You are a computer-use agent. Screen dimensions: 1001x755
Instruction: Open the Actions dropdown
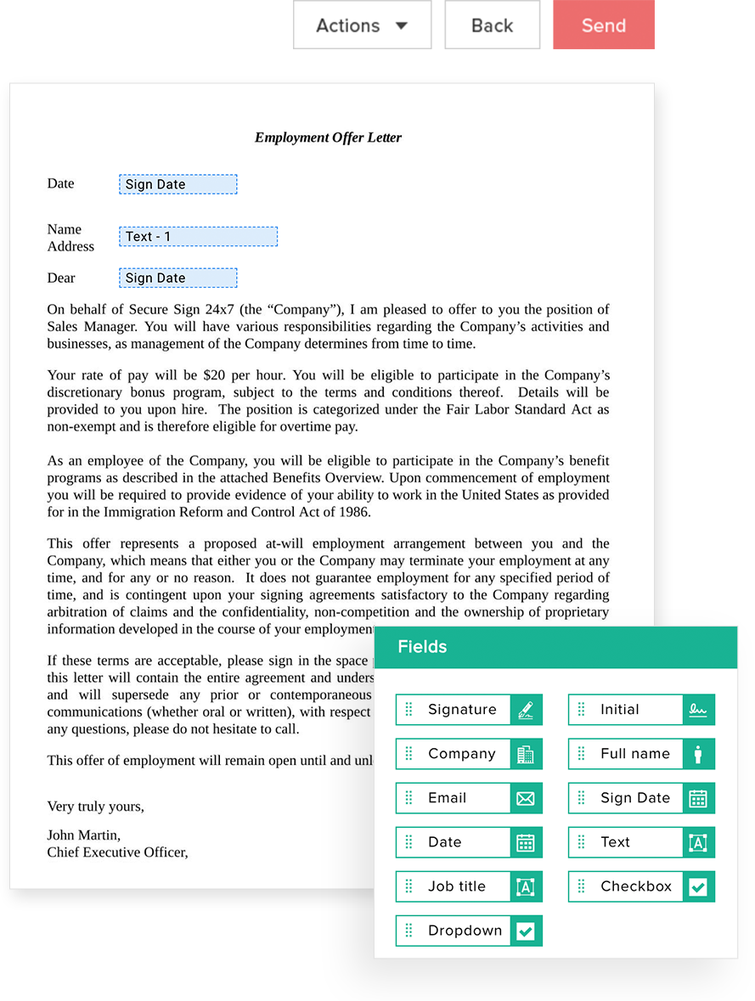click(362, 25)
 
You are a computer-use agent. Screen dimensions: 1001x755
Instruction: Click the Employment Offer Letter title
click(328, 138)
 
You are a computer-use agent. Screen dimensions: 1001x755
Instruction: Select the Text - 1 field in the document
click(198, 237)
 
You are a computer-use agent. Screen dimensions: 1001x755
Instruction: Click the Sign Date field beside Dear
click(177, 278)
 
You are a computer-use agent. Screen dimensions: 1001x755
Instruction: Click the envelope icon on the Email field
click(526, 798)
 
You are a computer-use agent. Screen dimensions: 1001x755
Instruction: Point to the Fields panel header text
click(422, 647)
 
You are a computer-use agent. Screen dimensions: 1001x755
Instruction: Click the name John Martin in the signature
click(83, 835)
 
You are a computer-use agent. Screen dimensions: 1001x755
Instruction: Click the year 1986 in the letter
click(354, 512)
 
